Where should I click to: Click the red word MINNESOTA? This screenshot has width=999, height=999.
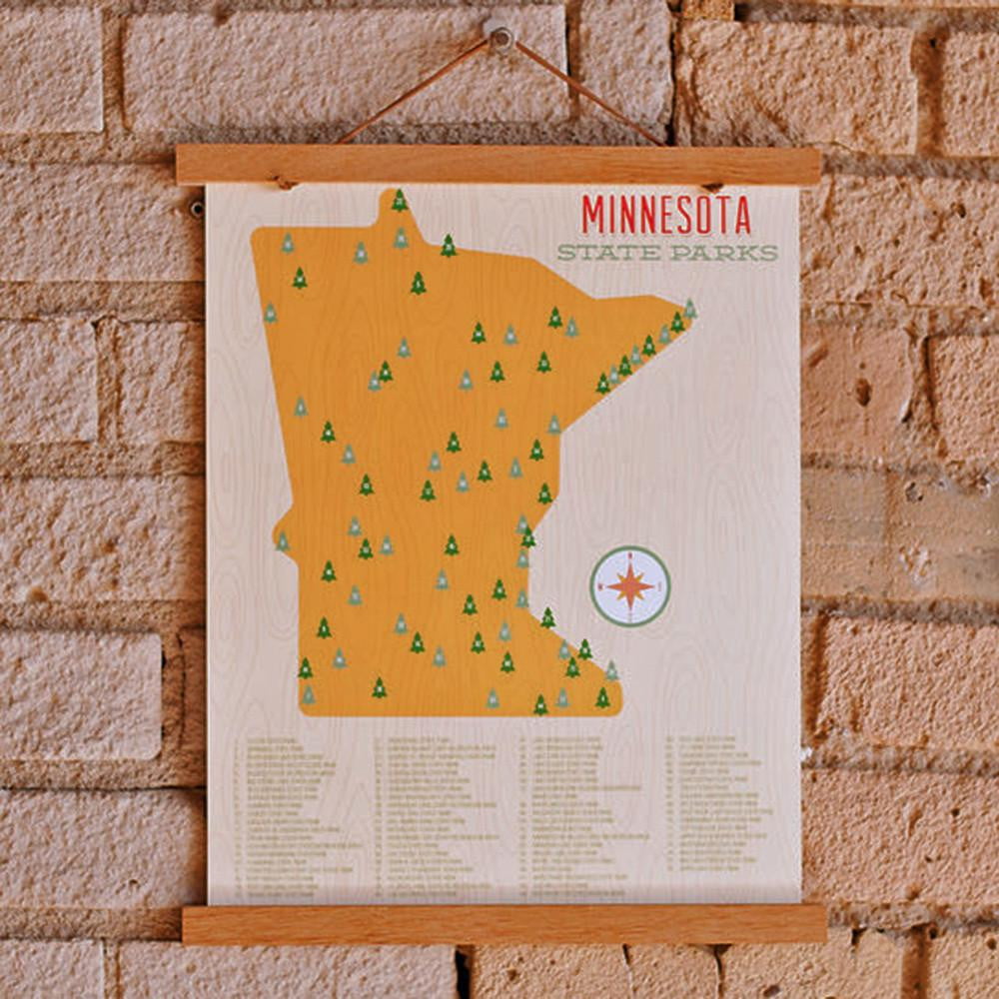coord(666,215)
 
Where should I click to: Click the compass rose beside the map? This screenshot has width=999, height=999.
coord(629,586)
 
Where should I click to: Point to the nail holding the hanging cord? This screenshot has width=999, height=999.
coord(499,38)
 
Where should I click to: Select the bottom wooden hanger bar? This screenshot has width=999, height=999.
coord(504,924)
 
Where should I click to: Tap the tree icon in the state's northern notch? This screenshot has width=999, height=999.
coord(399,201)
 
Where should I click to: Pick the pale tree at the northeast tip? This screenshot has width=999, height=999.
coord(689,309)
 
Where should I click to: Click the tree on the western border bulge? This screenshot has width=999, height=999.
coord(283,541)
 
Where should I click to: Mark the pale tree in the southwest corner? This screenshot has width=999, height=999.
coord(308,694)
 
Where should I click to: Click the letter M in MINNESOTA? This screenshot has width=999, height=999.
coord(593,215)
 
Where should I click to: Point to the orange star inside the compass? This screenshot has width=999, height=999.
coord(629,586)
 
